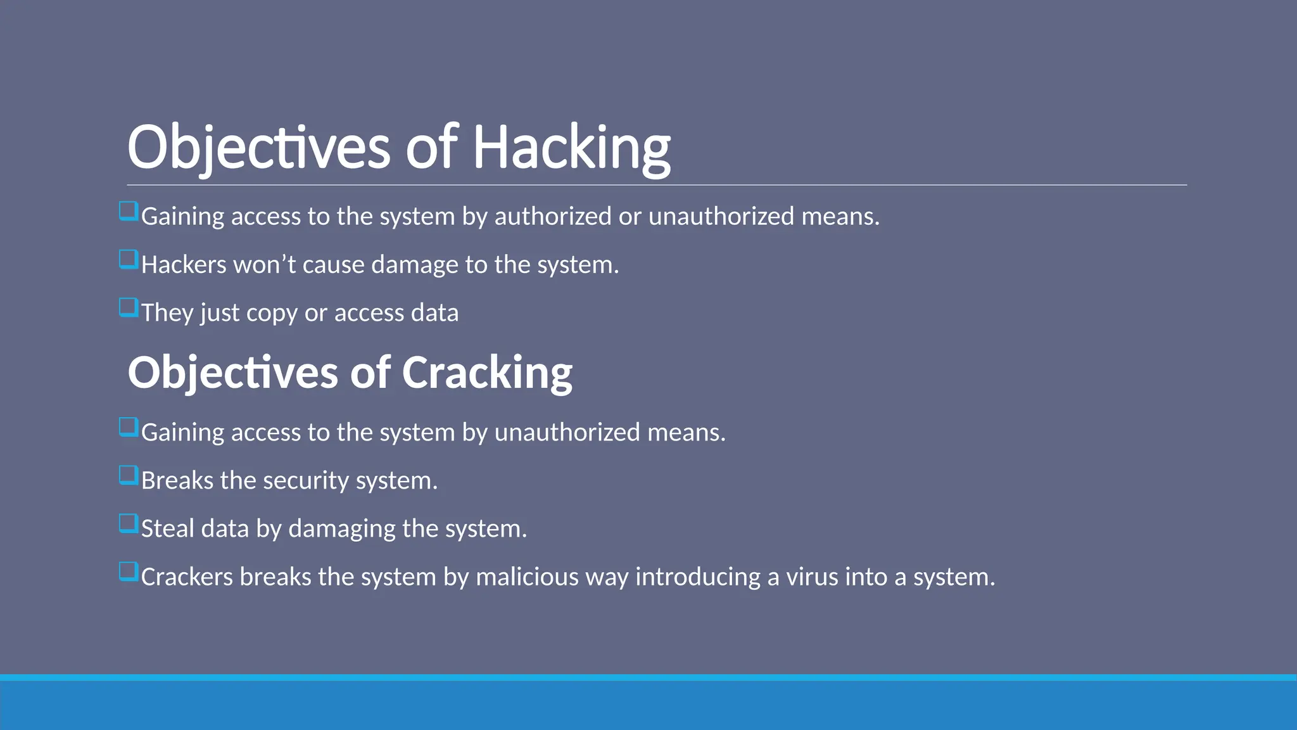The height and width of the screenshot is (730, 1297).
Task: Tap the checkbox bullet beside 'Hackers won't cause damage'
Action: pyautogui.click(x=129, y=260)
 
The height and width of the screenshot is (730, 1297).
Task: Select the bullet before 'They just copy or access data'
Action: pyautogui.click(x=129, y=308)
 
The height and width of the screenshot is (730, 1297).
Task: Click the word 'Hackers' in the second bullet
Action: pyautogui.click(x=184, y=265)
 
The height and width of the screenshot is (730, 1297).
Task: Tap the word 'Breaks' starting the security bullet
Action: pyautogui.click(x=177, y=481)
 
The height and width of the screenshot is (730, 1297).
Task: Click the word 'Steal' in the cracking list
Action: pyautogui.click(x=168, y=529)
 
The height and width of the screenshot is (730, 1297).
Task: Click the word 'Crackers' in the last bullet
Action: pyautogui.click(x=187, y=577)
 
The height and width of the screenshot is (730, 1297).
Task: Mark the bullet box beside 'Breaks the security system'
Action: pyautogui.click(x=129, y=476)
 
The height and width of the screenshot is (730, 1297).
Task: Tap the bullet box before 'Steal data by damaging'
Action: pyautogui.click(x=129, y=524)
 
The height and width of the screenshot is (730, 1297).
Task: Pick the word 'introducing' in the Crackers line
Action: pyautogui.click(x=698, y=577)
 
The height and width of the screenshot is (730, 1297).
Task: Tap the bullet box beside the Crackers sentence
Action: pyautogui.click(x=129, y=572)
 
